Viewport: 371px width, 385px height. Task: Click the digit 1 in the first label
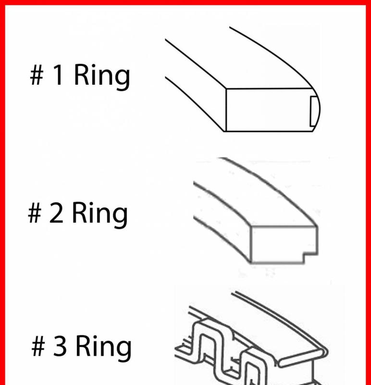click(58, 77)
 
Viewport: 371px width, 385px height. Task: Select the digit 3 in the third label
click(59, 346)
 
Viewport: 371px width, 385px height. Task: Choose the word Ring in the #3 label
click(103, 348)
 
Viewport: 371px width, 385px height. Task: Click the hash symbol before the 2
click(35, 215)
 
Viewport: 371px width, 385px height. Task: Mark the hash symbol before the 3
click(38, 347)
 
